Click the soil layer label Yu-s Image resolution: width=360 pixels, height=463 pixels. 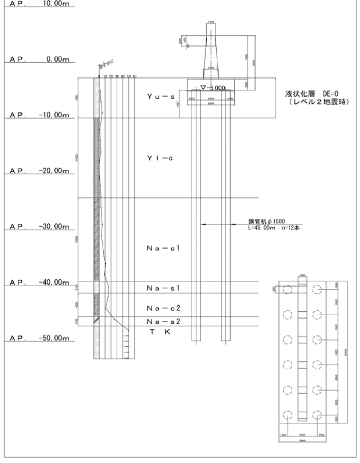click(x=161, y=97)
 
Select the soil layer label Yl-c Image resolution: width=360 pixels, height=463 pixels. click(x=160, y=158)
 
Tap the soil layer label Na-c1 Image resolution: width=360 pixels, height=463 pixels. click(x=163, y=248)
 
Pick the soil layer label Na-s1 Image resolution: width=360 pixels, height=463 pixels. click(x=163, y=288)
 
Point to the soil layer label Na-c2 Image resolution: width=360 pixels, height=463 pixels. click(x=163, y=308)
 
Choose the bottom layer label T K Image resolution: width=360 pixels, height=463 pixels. click(x=160, y=332)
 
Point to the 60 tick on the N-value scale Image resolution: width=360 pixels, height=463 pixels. click(x=134, y=76)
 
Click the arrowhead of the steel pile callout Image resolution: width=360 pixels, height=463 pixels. click(x=202, y=224)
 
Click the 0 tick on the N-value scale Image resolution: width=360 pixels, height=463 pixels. click(x=99, y=76)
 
